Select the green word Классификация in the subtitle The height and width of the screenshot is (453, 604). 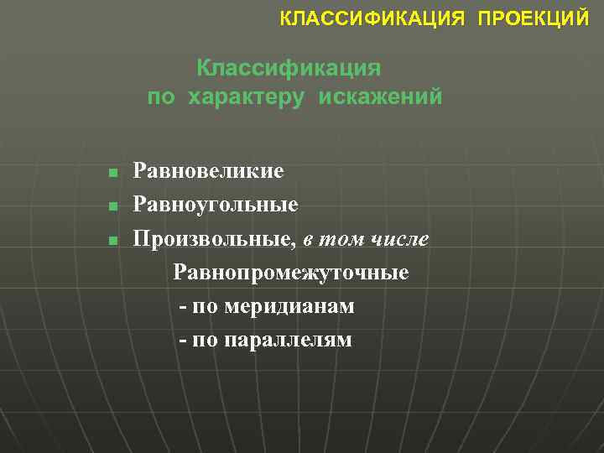pyautogui.click(x=289, y=67)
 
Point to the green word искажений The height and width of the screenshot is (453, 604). pyautogui.click(x=379, y=97)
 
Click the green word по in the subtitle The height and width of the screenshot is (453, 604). pyautogui.click(x=162, y=97)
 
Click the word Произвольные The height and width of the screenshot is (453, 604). pyautogui.click(x=215, y=239)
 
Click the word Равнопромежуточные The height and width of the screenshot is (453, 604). pyautogui.click(x=291, y=273)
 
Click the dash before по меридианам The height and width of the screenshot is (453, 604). pyautogui.click(x=183, y=307)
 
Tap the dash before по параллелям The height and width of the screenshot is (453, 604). pyautogui.click(x=183, y=341)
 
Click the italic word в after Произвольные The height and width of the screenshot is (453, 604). pyautogui.click(x=309, y=240)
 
